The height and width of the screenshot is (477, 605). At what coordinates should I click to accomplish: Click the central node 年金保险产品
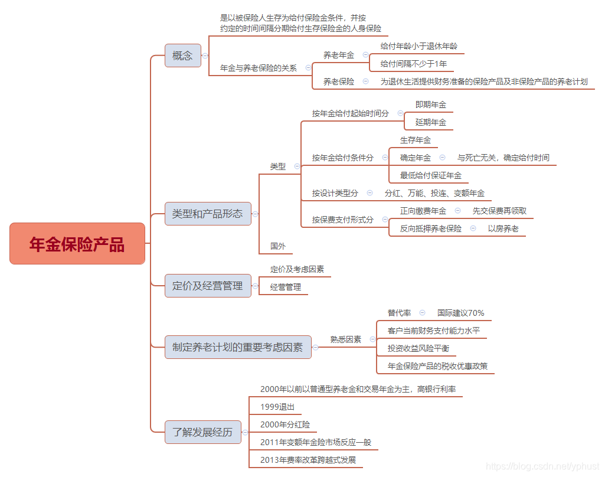pyautogui.click(x=77, y=243)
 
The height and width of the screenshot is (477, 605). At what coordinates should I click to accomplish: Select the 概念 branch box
pyautogui.click(x=182, y=55)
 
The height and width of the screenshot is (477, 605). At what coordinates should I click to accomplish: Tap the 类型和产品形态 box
pyautogui.click(x=207, y=214)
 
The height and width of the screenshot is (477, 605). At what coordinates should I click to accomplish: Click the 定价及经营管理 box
pyautogui.click(x=207, y=286)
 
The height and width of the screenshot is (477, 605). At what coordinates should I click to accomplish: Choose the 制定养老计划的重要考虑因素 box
pyautogui.click(x=237, y=347)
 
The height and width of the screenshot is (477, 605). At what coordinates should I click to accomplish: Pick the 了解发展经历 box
pyautogui.click(x=199, y=432)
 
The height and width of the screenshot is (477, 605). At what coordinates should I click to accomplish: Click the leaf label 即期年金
pyautogui.click(x=430, y=104)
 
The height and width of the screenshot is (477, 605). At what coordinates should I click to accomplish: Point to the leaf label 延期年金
pyautogui.click(x=430, y=122)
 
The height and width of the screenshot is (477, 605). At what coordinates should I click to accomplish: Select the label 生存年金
pyautogui.click(x=416, y=140)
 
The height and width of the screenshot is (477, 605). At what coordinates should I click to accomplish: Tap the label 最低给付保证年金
pyautogui.click(x=430, y=175)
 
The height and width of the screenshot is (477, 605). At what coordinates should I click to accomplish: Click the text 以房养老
pyautogui.click(x=503, y=228)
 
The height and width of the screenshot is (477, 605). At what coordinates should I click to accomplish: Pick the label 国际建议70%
pyautogui.click(x=460, y=313)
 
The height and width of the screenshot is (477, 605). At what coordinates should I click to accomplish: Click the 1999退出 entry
pyautogui.click(x=277, y=407)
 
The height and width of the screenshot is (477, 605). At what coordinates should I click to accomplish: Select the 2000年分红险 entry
pyautogui.click(x=284, y=425)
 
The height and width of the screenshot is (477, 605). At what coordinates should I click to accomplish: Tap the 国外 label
pyautogui.click(x=277, y=246)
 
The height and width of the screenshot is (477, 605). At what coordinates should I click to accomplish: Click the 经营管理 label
pyautogui.click(x=286, y=287)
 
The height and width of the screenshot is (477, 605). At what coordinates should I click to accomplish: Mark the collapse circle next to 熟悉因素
pyautogui.click(x=372, y=339)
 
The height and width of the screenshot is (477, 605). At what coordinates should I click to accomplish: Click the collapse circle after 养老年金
pyautogui.click(x=365, y=55)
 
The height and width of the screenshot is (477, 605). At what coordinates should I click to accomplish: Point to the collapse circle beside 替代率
pyautogui.click(x=422, y=312)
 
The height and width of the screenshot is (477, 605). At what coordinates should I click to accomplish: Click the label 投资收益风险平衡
pyautogui.click(x=418, y=348)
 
